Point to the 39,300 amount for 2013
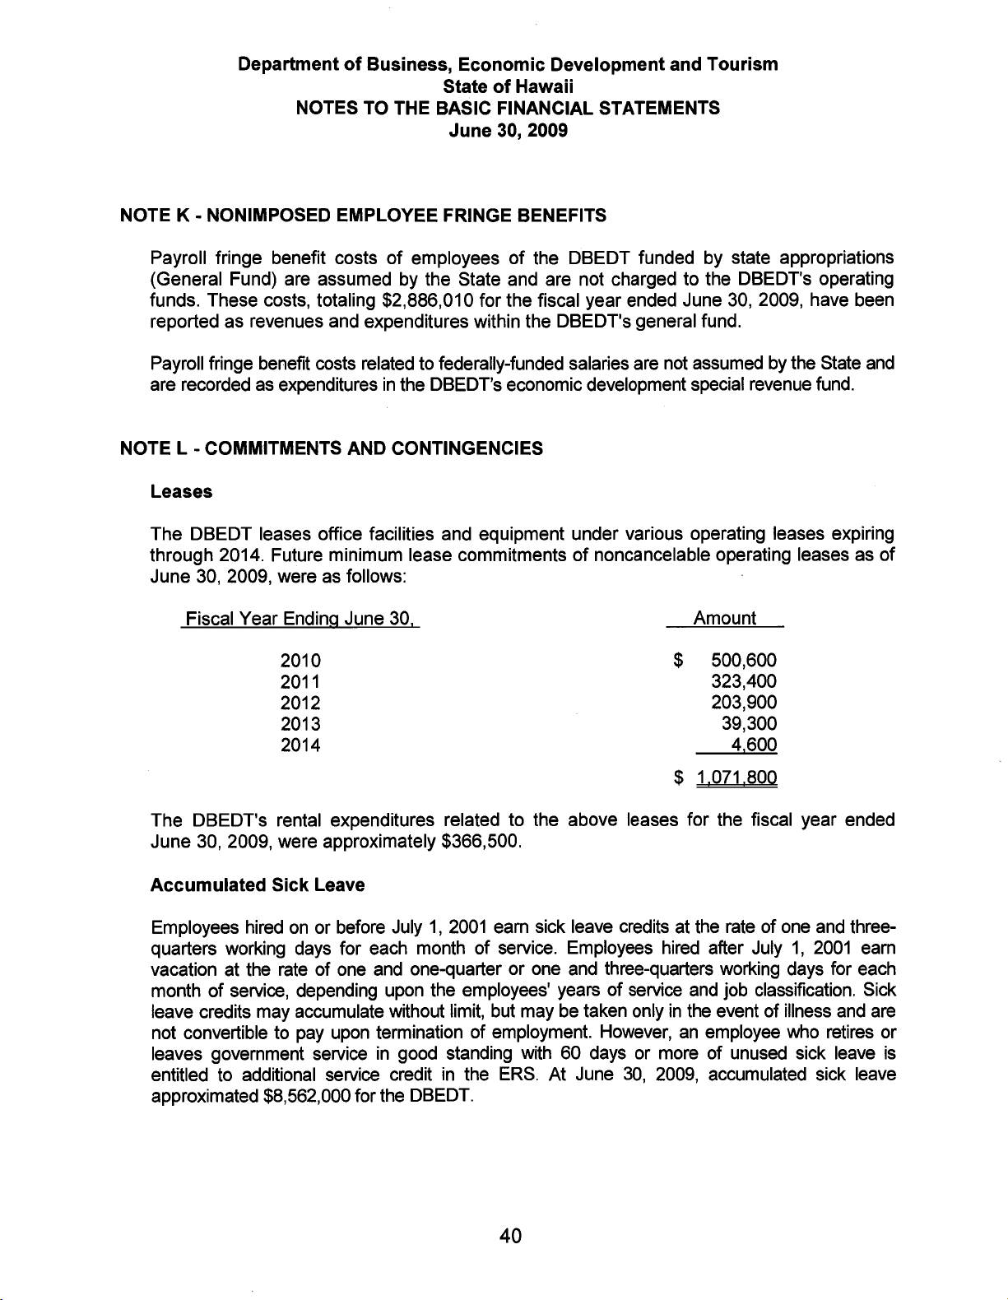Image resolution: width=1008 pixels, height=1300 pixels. (749, 724)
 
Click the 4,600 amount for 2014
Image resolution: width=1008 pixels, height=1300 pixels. (755, 745)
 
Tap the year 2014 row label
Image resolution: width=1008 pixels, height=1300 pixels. (300, 745)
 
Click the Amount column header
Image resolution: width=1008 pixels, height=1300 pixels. (724, 618)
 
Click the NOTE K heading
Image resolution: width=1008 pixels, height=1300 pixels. (363, 216)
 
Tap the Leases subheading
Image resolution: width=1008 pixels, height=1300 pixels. (181, 492)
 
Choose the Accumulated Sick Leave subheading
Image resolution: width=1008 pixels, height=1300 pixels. (258, 885)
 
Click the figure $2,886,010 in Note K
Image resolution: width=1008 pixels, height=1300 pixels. (421, 299)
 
